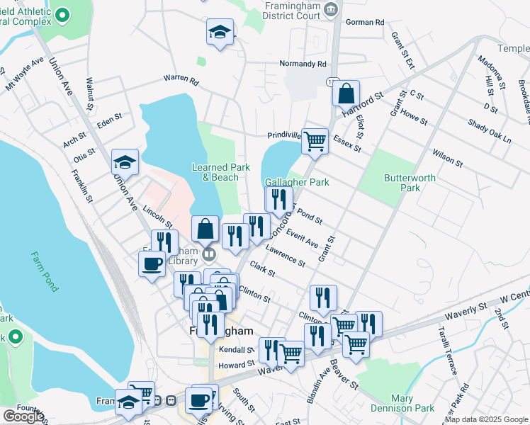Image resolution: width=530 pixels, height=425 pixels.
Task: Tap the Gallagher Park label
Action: coord(298,182)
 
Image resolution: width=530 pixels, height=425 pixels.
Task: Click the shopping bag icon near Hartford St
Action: coord(346,93)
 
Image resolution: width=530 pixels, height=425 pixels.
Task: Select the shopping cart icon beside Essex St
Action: coord(315,140)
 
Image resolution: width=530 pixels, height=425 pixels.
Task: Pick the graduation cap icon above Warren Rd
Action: coord(220,32)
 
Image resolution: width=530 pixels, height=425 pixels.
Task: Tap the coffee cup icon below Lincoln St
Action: coord(152,264)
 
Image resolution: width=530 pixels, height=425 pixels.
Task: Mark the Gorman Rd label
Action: coord(364,23)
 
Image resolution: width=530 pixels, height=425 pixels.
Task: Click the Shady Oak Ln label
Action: coord(489,131)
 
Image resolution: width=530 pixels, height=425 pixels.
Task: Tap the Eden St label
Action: coord(110,122)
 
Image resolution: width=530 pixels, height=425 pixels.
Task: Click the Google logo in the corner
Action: coord(23,416)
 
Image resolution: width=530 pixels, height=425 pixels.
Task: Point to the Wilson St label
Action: coord(447,157)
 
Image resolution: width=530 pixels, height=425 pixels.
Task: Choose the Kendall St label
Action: coord(236,350)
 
